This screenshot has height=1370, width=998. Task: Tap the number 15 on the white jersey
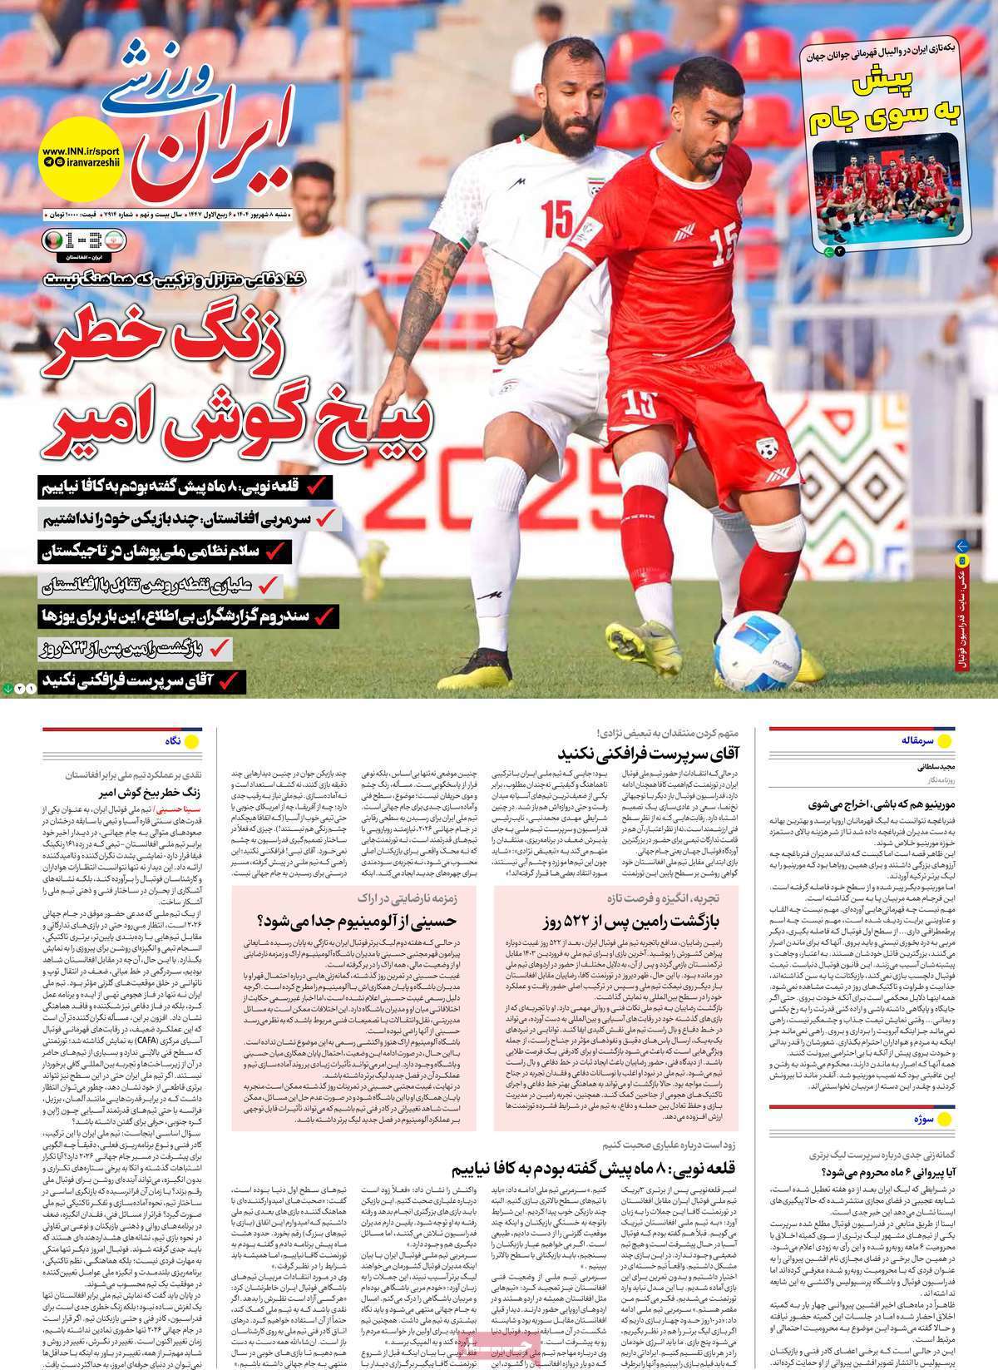point(556,218)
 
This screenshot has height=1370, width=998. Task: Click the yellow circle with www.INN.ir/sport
point(81,157)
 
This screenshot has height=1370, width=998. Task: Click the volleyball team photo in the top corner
point(887,190)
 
